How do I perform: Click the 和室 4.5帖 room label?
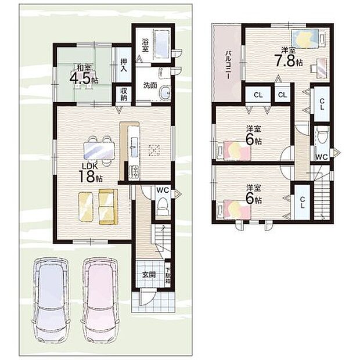82,74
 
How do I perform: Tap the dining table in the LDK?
99,150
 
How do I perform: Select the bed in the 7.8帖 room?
308,39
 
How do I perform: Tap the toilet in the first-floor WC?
163,205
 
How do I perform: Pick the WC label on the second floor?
321,156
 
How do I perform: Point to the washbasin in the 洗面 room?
164,93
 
